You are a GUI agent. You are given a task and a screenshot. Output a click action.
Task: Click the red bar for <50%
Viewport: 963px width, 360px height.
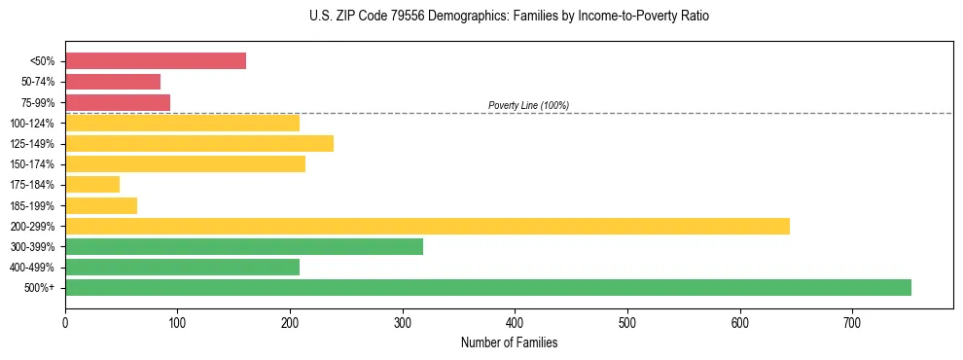tap(156, 61)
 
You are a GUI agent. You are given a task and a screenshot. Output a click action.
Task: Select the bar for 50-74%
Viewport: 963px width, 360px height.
tap(113, 82)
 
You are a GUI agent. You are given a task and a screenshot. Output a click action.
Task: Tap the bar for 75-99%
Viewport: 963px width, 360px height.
tap(118, 102)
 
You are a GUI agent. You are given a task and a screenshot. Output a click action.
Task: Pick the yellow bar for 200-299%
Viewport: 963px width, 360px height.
tap(427, 226)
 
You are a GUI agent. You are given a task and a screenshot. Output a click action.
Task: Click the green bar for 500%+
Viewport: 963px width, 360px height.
tap(488, 287)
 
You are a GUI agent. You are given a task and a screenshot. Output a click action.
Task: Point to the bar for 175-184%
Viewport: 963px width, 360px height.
tap(92, 184)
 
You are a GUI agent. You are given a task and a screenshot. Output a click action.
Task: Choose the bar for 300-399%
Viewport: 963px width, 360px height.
tap(244, 246)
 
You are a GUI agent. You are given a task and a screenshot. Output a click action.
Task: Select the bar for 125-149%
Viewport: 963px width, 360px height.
tap(199, 143)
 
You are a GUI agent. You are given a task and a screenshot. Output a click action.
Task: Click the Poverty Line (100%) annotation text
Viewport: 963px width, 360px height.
tap(528, 105)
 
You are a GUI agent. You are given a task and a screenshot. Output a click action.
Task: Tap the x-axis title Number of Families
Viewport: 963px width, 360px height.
tap(509, 342)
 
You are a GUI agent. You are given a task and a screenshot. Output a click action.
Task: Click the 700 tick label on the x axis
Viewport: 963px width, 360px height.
tap(852, 323)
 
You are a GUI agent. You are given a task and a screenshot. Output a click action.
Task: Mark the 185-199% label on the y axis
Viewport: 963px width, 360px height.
tap(32, 205)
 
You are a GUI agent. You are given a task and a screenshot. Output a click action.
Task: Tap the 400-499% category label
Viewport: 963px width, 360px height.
tap(32, 267)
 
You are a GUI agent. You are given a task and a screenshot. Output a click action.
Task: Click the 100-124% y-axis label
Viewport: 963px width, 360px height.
tap(32, 123)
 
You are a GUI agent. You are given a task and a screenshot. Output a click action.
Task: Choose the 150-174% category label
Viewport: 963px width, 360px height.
tap(32, 163)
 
